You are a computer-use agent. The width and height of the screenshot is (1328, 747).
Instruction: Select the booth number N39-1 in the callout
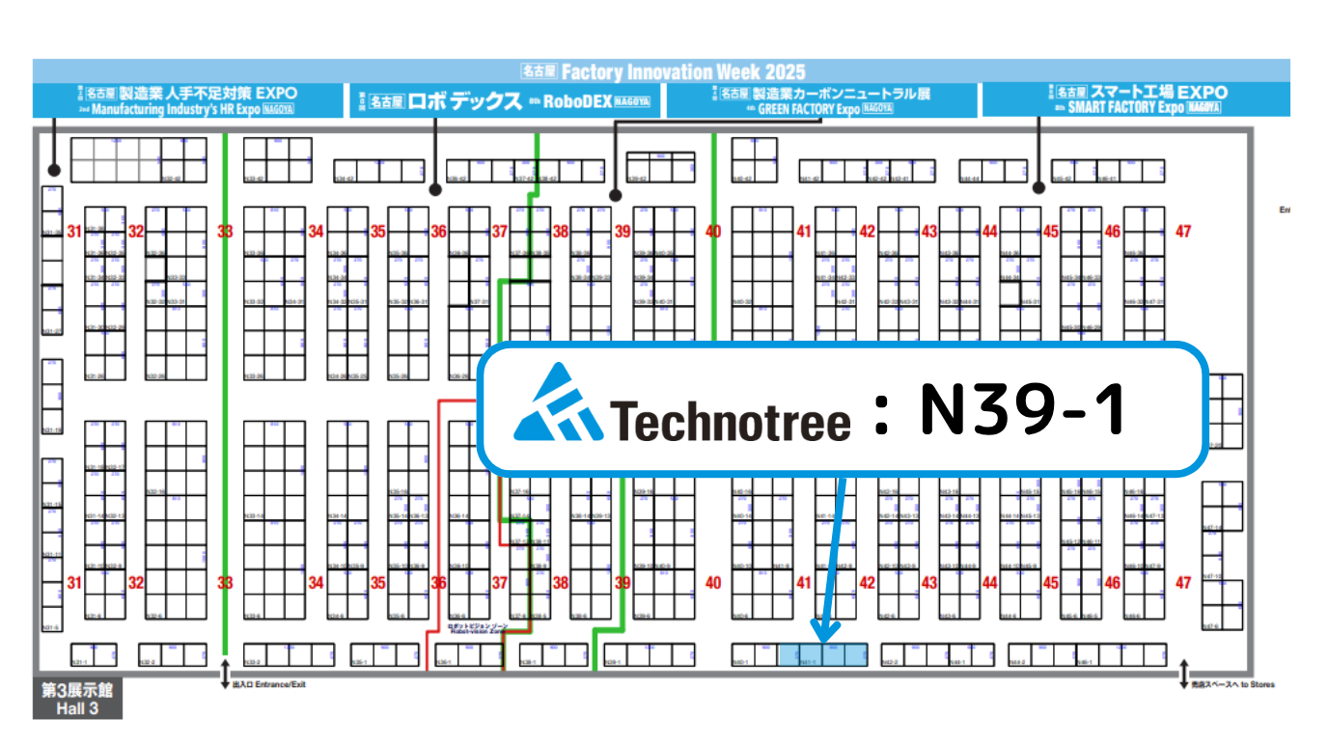coord(1022,409)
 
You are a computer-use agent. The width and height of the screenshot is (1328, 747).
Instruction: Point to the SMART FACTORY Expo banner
coord(1135,99)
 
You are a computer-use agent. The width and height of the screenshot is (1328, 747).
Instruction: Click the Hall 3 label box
coord(77,700)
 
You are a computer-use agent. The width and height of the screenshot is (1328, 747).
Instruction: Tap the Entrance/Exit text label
coord(269,685)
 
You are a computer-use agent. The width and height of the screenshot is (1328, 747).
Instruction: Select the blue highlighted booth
coord(822,654)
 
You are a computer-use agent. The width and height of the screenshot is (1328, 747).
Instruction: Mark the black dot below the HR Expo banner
coord(55,171)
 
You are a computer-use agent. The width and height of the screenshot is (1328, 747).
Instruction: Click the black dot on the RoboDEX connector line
coord(435,189)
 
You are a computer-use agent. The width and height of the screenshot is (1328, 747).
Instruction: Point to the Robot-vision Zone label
coord(477,628)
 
